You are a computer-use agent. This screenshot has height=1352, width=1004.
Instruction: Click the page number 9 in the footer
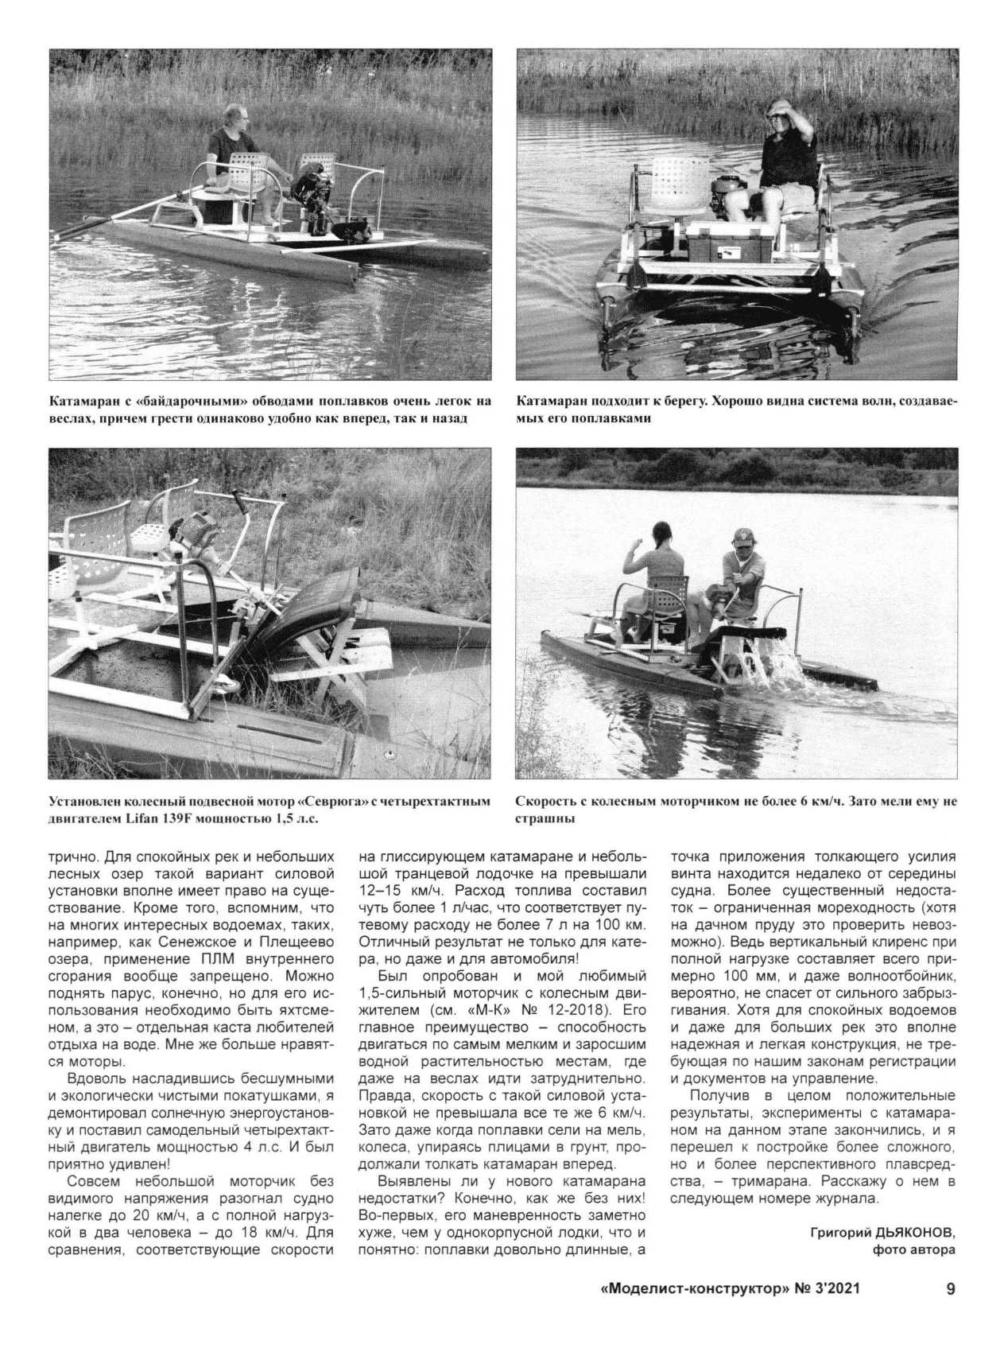950,1289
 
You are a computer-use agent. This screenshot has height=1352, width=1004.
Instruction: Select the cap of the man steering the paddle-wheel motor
744,534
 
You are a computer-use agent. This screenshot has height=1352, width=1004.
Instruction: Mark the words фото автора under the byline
914,1249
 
